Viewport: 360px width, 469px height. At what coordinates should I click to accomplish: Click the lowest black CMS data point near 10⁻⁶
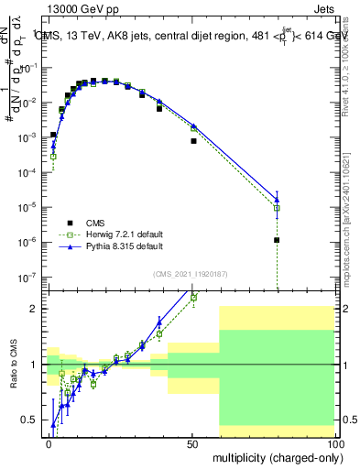[x=277, y=240]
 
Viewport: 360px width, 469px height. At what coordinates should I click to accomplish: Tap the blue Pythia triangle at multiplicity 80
[x=277, y=199]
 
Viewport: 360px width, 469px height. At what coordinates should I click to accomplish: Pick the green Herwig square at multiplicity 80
[x=277, y=208]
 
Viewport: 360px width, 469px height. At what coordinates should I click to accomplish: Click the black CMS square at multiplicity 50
[x=193, y=141]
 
